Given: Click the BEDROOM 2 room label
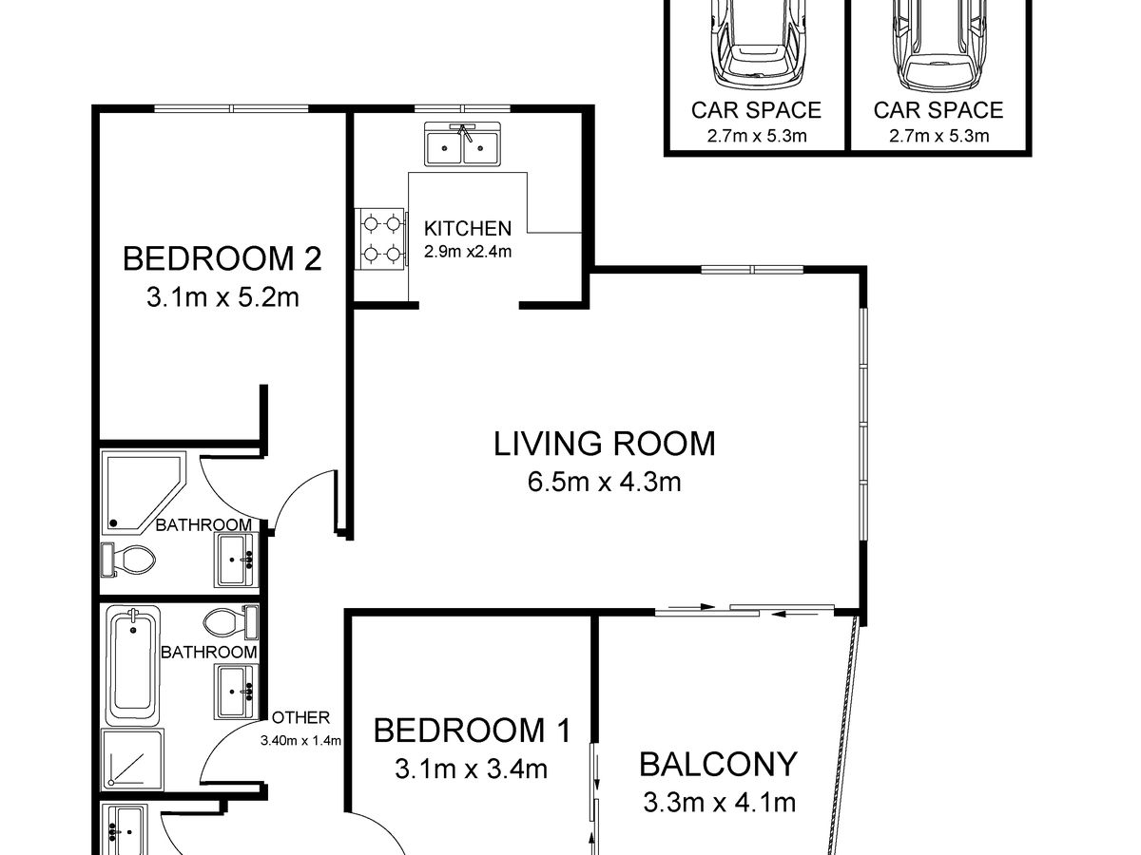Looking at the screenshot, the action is click(222, 258).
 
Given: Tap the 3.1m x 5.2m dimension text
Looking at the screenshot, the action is click(222, 298).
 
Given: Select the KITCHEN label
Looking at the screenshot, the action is click(467, 228).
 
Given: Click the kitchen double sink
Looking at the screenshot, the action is click(462, 144).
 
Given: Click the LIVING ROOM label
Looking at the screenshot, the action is click(604, 444).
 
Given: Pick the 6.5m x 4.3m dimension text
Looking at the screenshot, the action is click(604, 482).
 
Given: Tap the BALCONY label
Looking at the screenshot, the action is click(718, 764).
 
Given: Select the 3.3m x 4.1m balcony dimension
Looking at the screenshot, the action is click(720, 802).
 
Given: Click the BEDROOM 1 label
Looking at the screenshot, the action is click(472, 730).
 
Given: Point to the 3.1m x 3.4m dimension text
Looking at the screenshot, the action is click(471, 769).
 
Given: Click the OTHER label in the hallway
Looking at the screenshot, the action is click(301, 717).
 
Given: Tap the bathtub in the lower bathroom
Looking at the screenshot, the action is click(132, 666).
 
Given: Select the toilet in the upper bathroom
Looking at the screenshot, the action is click(128, 560).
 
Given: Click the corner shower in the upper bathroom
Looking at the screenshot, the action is click(144, 492).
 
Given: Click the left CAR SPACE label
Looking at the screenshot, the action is click(756, 110).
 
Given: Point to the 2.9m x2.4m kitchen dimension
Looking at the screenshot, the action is click(467, 252).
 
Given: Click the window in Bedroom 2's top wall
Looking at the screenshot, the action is click(232, 108).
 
